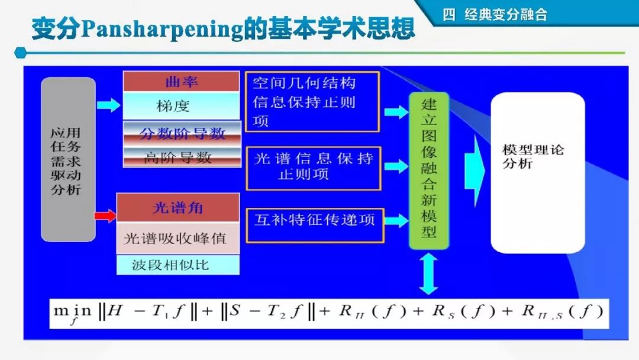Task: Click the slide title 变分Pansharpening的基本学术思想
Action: coord(222,28)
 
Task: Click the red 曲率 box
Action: coord(181,82)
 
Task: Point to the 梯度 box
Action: coord(181,106)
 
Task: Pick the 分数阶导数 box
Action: coord(182,133)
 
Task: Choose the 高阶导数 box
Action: coord(182,157)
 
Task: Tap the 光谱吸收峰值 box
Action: coord(177,238)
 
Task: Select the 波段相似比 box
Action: coord(177,265)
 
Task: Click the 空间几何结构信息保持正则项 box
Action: coord(312,102)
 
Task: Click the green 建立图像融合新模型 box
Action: coord(428,171)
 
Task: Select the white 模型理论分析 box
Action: coord(537,172)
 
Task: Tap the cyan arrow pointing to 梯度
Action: coord(108,105)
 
